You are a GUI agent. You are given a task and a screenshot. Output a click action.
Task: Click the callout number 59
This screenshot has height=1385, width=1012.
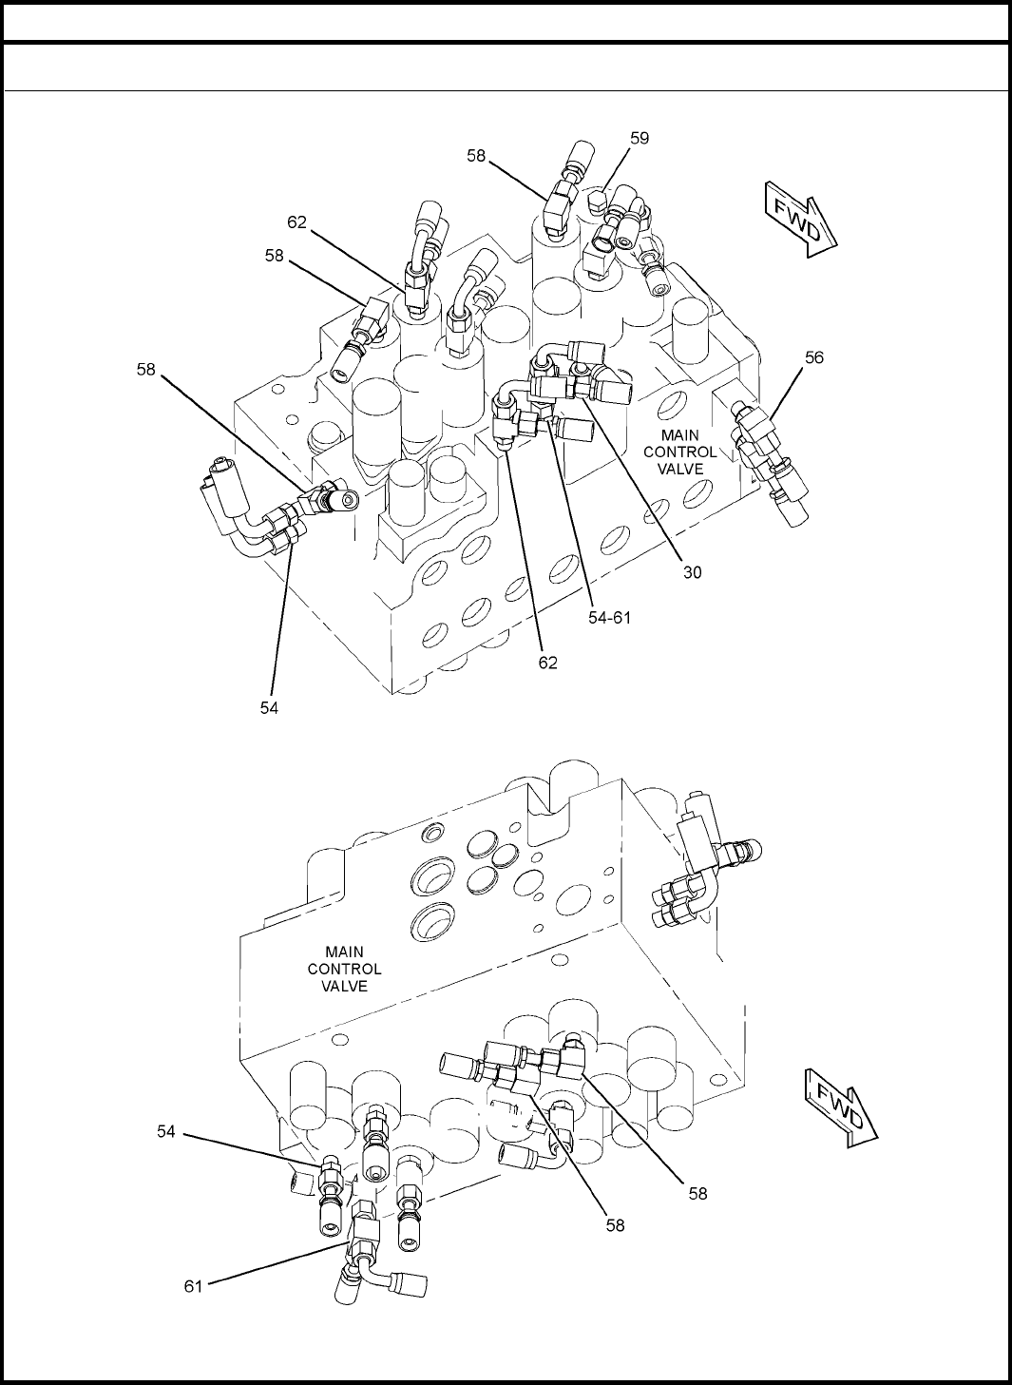tap(640, 138)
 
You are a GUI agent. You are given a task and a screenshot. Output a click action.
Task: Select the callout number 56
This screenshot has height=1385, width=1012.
tap(814, 357)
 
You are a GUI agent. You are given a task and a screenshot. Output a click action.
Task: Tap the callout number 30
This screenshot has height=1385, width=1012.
tap(693, 572)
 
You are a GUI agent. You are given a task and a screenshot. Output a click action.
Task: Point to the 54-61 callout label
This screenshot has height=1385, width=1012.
tap(609, 618)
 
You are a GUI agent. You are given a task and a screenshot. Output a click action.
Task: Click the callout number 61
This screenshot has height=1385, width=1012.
tap(194, 1287)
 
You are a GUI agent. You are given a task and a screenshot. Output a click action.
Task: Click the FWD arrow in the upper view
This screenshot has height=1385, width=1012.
tap(801, 220)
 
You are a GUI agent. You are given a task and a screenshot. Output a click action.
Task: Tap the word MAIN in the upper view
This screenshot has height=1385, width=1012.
tap(680, 434)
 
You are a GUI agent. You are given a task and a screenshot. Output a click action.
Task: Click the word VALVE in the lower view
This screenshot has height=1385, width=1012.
tap(344, 986)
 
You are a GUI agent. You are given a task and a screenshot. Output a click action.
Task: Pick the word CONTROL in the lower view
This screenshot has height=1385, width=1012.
tap(344, 969)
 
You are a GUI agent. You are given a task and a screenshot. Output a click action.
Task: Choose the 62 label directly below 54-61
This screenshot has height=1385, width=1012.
tap(547, 663)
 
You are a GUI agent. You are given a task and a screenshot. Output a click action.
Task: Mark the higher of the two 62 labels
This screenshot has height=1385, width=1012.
tap(296, 222)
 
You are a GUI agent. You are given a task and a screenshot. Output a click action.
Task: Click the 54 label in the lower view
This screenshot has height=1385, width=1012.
tap(166, 1131)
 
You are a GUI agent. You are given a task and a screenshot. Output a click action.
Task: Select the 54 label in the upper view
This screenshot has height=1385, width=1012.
tap(269, 708)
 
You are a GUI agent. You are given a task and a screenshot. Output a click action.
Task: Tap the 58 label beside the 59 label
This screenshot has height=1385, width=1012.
tap(476, 156)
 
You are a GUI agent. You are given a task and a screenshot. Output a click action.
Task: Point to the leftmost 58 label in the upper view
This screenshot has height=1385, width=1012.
tap(146, 369)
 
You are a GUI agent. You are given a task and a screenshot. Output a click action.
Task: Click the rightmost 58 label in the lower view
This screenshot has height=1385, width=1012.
tap(698, 1194)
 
